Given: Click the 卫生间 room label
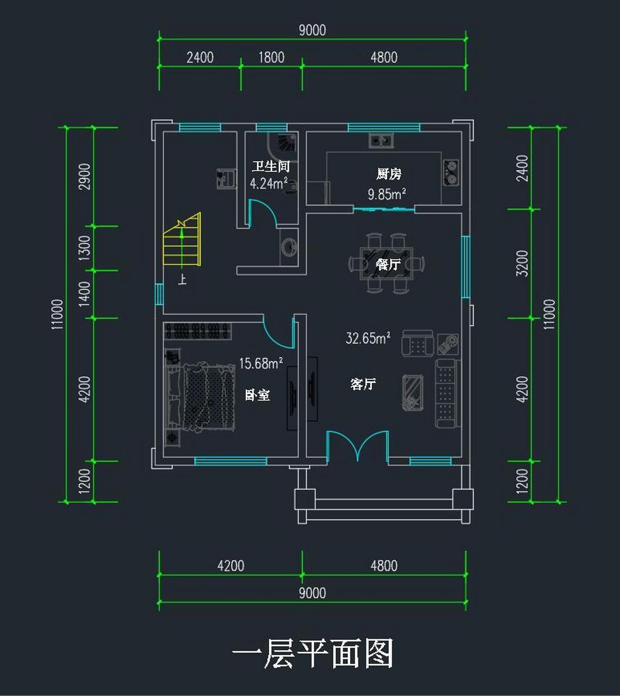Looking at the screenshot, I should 270,166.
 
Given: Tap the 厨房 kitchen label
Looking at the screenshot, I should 388,174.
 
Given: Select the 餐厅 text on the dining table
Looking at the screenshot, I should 387,264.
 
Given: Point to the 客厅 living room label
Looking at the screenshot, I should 363,384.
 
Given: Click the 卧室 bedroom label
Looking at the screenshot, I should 257,395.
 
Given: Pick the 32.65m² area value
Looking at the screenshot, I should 368,338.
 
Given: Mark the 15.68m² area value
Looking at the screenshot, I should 261,363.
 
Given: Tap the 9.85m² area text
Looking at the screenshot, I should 386,194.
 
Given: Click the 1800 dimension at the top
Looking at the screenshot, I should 271,57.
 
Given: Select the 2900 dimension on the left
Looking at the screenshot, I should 85,176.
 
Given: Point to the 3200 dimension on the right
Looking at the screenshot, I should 522,263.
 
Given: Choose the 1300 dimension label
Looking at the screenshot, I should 85,248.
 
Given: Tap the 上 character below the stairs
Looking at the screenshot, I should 182,280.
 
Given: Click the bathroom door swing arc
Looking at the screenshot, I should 264,213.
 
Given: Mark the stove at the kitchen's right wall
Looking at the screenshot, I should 450,172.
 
